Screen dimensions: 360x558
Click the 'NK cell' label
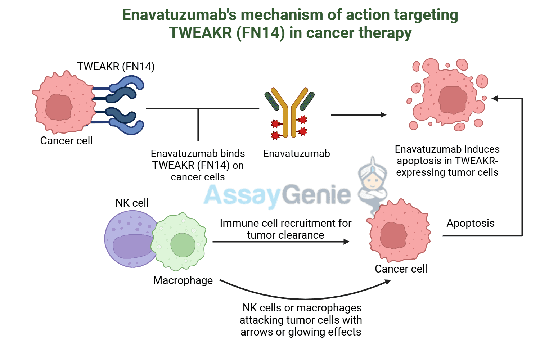132,203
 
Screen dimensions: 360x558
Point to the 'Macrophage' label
183,280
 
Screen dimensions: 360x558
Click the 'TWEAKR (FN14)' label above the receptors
116,67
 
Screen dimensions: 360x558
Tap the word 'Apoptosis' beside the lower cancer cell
471,223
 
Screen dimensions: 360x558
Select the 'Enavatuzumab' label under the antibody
296,154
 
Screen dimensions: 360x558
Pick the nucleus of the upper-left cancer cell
59,107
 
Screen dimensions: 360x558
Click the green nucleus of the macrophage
183,245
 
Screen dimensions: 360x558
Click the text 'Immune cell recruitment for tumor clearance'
285,229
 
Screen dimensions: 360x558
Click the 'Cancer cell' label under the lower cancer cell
401,269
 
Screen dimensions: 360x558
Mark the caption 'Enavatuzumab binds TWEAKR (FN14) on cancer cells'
198,165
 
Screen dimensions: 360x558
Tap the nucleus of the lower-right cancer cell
393,235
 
